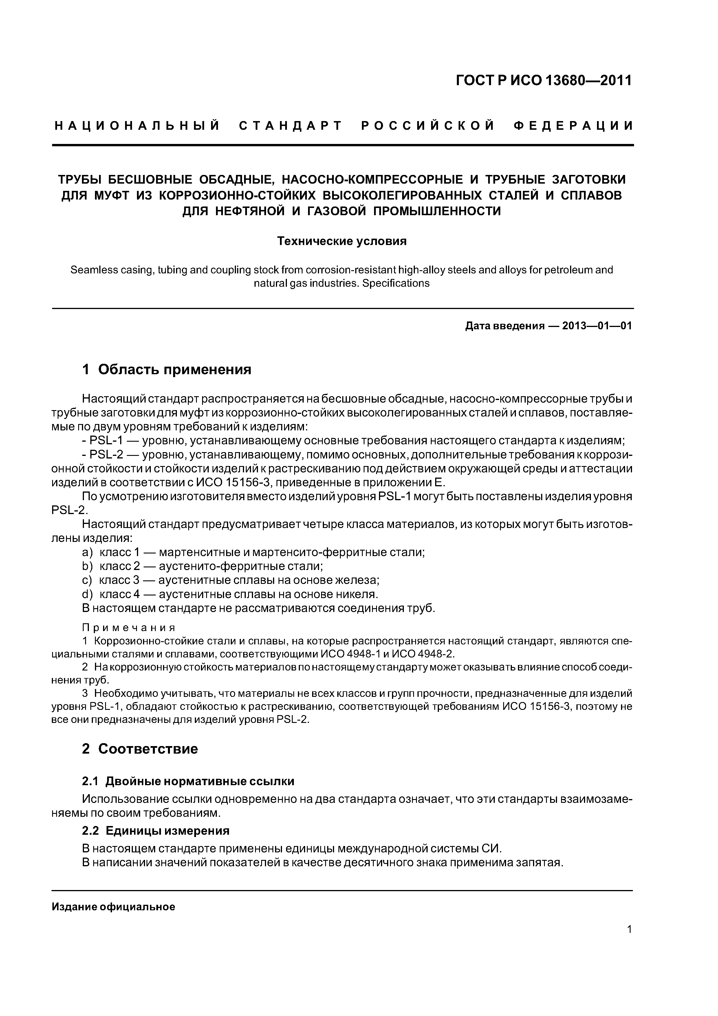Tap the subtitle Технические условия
(x=342, y=241)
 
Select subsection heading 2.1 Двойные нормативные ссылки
(x=188, y=781)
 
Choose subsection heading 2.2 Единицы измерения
(x=156, y=831)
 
